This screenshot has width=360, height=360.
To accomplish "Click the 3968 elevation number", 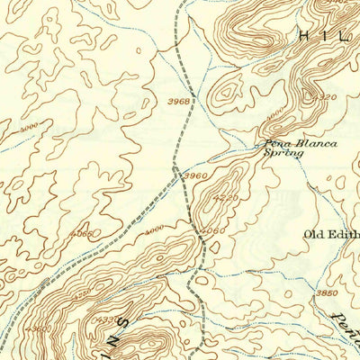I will pos(178,102).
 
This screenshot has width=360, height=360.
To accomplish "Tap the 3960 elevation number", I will pos(195,174).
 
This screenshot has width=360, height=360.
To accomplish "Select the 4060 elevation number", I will pos(212,230).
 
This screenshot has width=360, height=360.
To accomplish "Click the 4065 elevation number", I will pos(82,234).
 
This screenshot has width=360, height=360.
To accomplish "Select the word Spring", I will pos(283,154).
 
